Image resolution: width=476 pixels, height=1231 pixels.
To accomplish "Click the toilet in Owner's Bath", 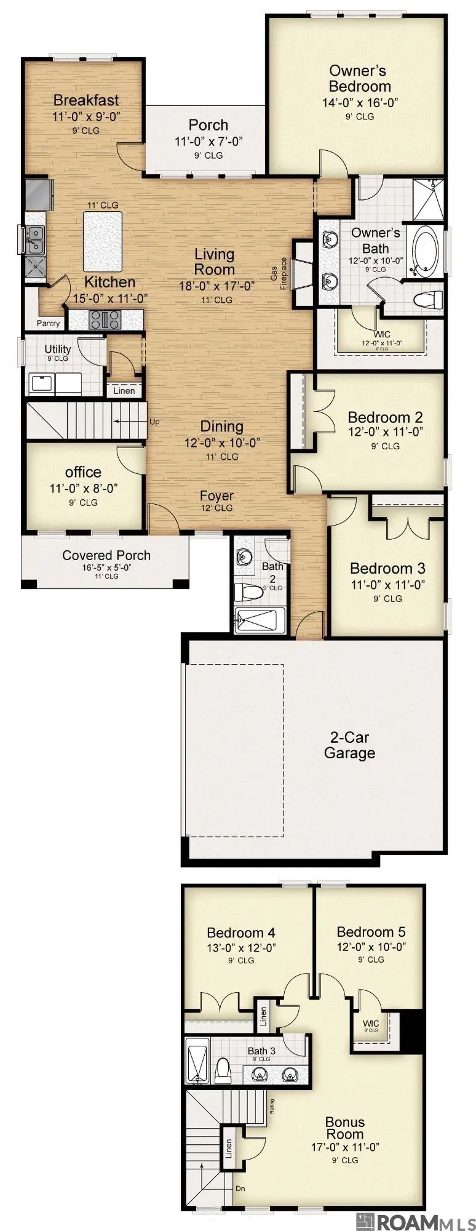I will coord(428,300).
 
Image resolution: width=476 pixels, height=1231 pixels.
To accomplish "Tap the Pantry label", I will coord(48,323).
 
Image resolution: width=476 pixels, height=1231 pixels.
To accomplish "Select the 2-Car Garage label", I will coord(349,745).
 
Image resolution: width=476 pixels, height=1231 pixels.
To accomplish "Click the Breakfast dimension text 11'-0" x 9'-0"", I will coord(86,116).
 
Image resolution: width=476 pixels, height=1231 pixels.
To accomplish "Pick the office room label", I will coord(83,472).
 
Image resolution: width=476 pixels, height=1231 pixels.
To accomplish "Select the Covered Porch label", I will coord(106,555).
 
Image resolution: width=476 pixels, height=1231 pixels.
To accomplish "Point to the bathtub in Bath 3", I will coord(197,1062).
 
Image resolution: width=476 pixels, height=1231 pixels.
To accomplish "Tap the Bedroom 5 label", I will coord(371,932).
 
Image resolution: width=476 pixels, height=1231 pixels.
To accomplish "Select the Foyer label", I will coord(216,495).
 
